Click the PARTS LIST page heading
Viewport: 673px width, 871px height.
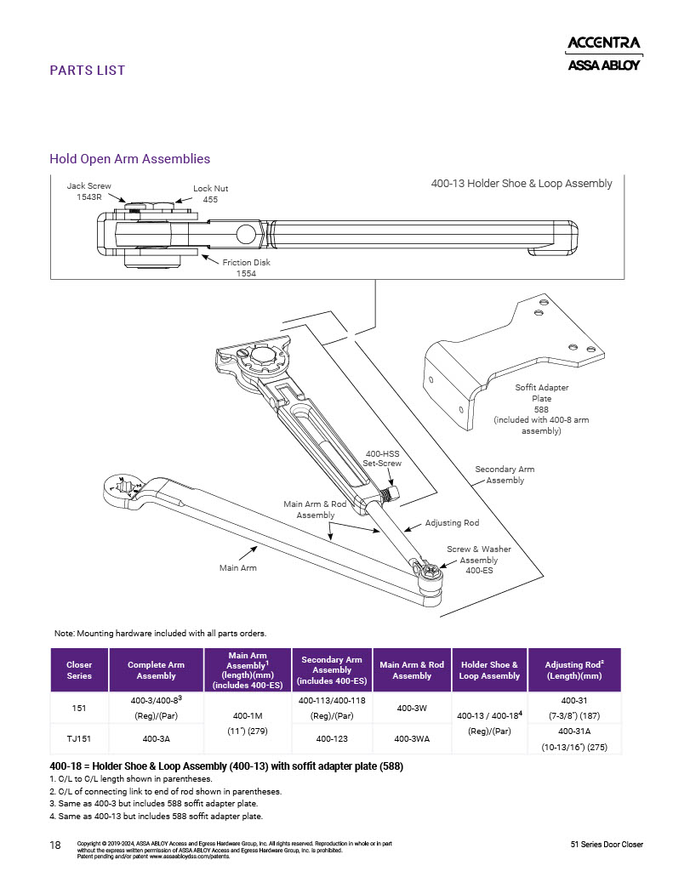88,71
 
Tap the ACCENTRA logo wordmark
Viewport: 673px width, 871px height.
604,43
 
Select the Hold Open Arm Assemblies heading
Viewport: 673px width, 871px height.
130,159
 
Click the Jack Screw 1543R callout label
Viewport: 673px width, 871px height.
83,191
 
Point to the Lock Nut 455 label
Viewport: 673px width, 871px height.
210,193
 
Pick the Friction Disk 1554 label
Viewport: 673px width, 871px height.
246,268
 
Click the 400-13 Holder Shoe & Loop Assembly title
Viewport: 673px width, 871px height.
521,184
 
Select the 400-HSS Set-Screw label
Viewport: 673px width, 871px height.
383,459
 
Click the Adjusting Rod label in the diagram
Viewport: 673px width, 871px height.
452,523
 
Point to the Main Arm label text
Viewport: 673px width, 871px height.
237,567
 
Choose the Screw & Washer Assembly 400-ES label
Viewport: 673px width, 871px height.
479,560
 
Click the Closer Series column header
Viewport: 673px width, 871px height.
79,670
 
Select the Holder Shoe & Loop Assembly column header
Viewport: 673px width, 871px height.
488,670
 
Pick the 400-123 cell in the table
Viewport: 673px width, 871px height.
332,739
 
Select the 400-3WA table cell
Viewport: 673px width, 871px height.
412,739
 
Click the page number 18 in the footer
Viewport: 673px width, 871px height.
56,845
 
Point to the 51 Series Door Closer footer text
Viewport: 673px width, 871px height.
607,845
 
